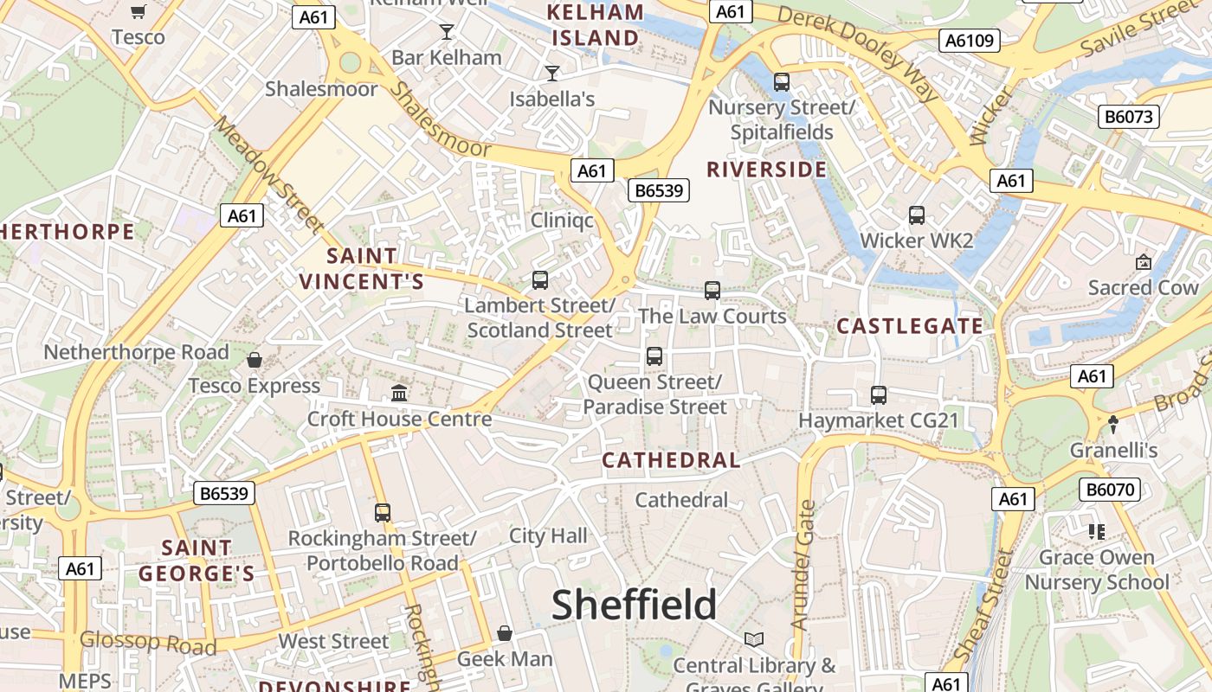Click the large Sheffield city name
click(x=635, y=605)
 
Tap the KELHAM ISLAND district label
click(x=596, y=25)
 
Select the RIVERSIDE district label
click(x=767, y=170)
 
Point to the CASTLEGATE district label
click(x=910, y=326)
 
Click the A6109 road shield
click(x=970, y=41)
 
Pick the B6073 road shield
click(x=1128, y=116)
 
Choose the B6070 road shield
click(x=1109, y=490)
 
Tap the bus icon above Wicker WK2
click(x=917, y=215)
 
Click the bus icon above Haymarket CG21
click(x=879, y=395)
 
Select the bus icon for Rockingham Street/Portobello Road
click(x=383, y=512)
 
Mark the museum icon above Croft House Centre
click(x=399, y=394)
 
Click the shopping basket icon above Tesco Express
click(x=255, y=360)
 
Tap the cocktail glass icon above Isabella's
click(x=552, y=74)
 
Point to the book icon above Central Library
click(x=754, y=639)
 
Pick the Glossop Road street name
click(x=148, y=642)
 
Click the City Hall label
click(x=548, y=535)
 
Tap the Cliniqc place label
click(x=563, y=220)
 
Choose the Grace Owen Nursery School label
click(x=1097, y=569)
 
